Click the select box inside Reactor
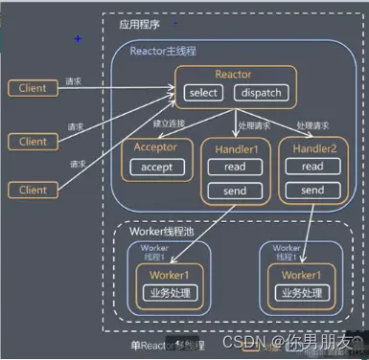tap(203, 93)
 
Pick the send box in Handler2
tap(311, 190)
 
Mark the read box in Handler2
tap(311, 166)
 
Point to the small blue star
tap(78, 37)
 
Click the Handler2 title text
tap(311, 147)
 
